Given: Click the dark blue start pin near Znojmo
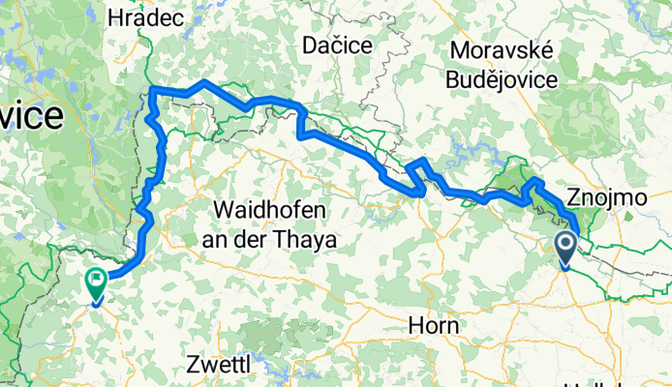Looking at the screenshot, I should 565,249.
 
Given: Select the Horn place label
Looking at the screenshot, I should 433,325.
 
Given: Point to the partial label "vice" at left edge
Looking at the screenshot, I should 31,117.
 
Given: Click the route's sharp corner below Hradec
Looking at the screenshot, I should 154,91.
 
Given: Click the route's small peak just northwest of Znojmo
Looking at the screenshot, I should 534,181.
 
